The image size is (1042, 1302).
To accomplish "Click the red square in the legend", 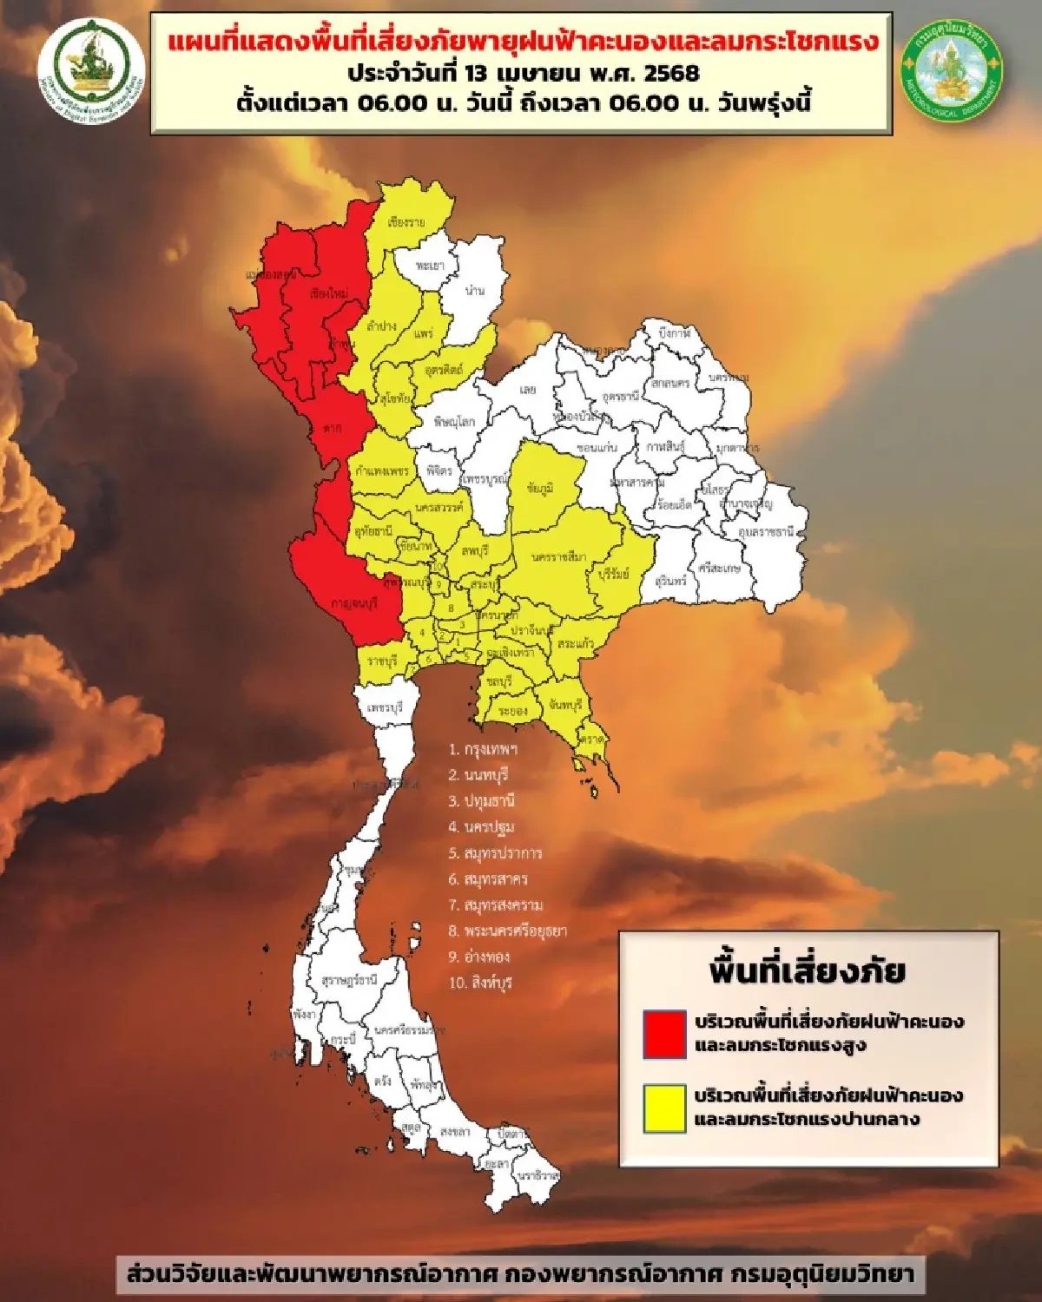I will tap(664, 1034).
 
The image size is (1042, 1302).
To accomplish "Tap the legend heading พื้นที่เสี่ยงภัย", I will tap(807, 970).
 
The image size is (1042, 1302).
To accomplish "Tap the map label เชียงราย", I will tap(406, 222).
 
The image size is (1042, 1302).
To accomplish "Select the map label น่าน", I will tap(474, 290).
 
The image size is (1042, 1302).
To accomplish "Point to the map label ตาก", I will tap(333, 428).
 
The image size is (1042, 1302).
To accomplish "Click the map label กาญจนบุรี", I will tap(354, 603).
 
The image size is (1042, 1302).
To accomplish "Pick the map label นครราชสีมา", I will tap(559, 556).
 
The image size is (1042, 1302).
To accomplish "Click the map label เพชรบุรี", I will tap(385, 707).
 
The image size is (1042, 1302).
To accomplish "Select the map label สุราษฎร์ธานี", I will tap(349, 980).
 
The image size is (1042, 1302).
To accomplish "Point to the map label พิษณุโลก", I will tap(454, 422).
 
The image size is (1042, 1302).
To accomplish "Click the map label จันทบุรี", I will tap(564, 705).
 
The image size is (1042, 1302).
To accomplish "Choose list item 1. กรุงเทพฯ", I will tap(483, 748).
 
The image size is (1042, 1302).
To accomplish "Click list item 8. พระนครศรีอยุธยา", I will tap(507, 930).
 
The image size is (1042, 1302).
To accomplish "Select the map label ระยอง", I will tap(512, 711).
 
